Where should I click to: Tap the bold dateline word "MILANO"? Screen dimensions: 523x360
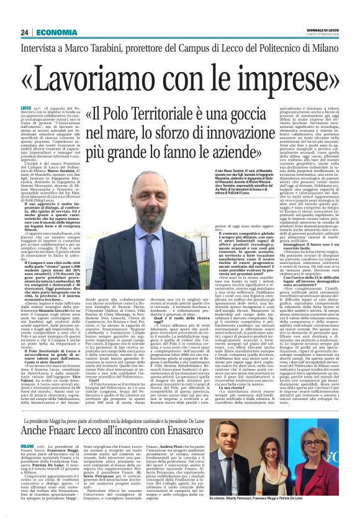point(29,446)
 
